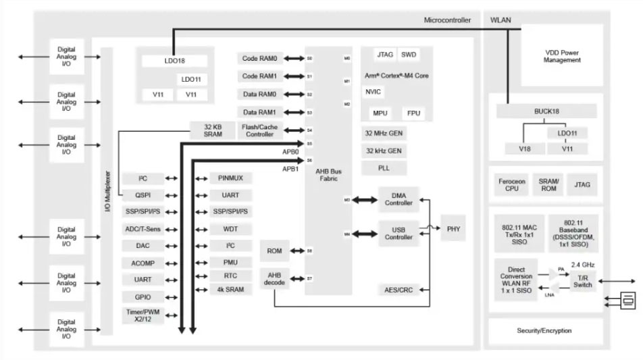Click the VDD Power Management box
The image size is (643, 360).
561,56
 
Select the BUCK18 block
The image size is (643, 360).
546,111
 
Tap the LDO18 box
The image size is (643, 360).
174,61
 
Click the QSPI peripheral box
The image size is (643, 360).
141,195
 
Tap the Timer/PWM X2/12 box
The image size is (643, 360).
141,316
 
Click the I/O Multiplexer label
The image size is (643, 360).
107,191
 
